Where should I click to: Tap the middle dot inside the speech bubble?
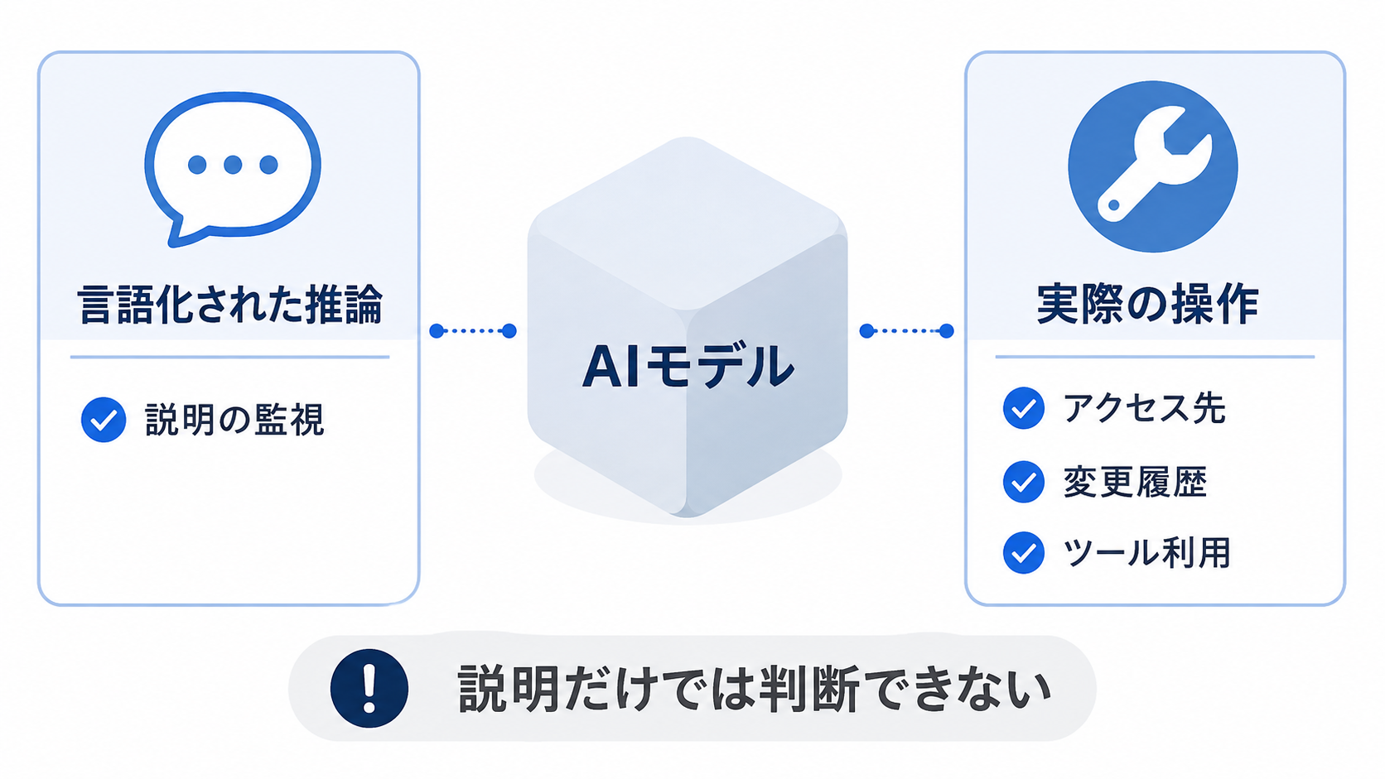pyautogui.click(x=233, y=165)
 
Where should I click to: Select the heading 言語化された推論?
pyautogui.click(x=230, y=305)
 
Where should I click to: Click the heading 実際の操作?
pyautogui.click(x=1148, y=305)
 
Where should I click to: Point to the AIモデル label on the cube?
pyautogui.click(x=688, y=367)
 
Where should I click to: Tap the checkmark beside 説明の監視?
pyautogui.click(x=104, y=420)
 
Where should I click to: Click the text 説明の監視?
pyautogui.click(x=234, y=420)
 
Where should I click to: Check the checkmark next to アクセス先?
pyautogui.click(x=1023, y=408)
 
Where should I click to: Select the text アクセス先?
pyautogui.click(x=1144, y=408)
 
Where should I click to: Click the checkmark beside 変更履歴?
pyautogui.click(x=1023, y=481)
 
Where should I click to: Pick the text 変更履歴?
pyautogui.click(x=1135, y=482)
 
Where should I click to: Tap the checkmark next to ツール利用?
pyautogui.click(x=1023, y=552)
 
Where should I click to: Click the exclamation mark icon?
pyautogui.click(x=369, y=688)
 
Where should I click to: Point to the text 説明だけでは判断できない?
pyautogui.click(x=754, y=689)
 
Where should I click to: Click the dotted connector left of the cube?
pyautogui.click(x=473, y=331)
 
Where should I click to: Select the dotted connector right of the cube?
pyautogui.click(x=906, y=331)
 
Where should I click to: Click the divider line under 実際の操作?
pyautogui.click(x=1155, y=357)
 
